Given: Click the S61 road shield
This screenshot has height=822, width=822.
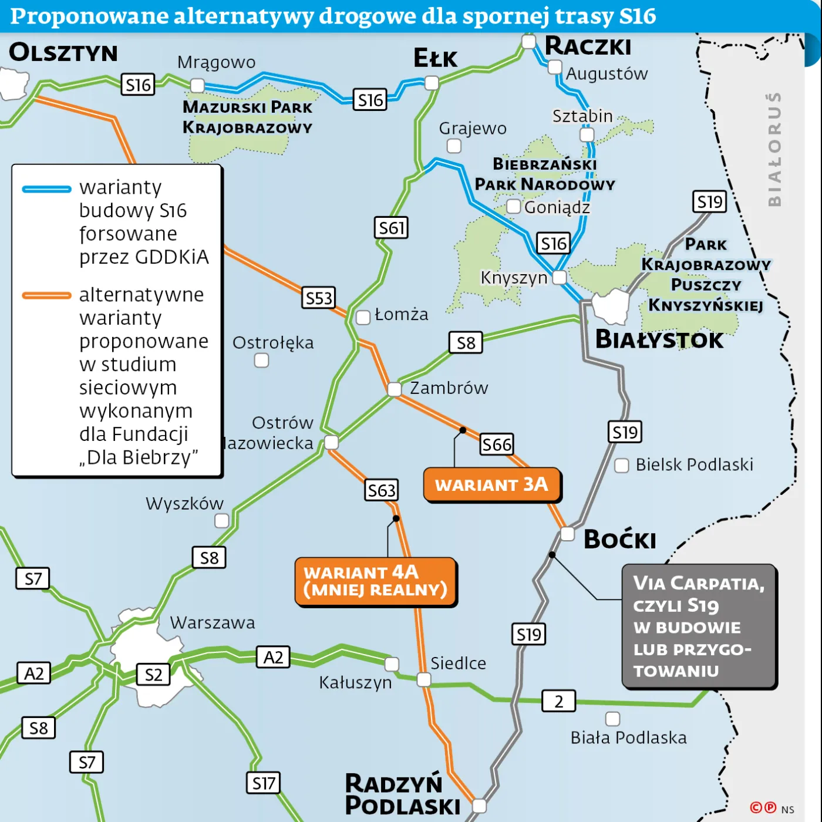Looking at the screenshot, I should pos(391,228).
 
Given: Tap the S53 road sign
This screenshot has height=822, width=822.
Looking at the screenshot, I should pos(319,298).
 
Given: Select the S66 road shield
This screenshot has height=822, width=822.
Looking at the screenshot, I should pos(497,444).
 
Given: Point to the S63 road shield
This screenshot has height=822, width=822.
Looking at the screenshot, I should pos(382,490).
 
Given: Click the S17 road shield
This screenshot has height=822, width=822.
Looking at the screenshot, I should pos(263,783).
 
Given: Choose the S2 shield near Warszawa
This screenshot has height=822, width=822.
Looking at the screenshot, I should pos(153,675).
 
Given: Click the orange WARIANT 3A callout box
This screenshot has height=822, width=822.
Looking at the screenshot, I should pos(492,485).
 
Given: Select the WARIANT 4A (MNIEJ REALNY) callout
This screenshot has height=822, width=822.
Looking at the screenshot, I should pos(376,581).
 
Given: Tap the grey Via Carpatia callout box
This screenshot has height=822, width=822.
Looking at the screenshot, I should pos(699,626).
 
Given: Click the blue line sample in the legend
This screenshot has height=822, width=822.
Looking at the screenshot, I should pos(46,189).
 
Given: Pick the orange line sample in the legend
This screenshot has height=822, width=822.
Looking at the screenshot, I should pos(46,295).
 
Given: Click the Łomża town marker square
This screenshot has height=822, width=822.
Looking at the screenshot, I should pos(363,318).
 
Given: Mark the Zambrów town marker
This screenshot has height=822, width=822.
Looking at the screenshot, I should pos(395,389).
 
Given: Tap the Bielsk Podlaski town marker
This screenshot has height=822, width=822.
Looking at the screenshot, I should pos(621,466).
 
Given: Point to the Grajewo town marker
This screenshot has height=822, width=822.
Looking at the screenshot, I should pos(454,146).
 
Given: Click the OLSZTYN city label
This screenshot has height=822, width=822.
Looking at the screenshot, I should pos(63,53).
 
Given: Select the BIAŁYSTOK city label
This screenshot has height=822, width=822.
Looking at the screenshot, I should pos(659,339).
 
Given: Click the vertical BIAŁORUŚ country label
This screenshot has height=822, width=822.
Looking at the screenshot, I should pos(774,149).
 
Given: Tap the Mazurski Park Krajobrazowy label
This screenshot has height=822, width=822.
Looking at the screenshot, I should pos(247,117).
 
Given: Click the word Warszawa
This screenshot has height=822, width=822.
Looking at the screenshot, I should pos(213,622).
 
